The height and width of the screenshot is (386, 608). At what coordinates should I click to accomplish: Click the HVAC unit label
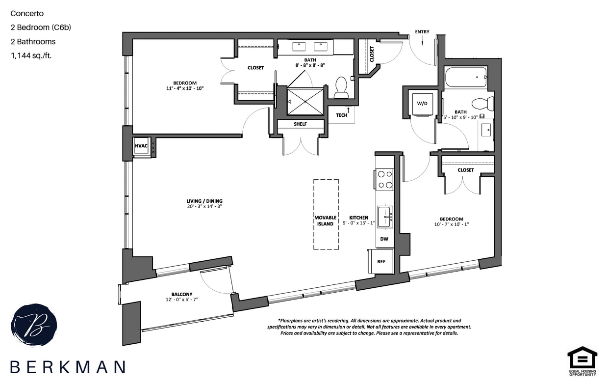[141, 146]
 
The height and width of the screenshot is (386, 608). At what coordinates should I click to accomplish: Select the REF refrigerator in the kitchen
[381, 261]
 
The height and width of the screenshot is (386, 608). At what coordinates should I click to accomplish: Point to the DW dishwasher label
[384, 239]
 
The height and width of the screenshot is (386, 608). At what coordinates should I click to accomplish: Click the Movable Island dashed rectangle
[326, 215]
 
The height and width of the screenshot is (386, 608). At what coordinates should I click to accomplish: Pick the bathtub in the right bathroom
[466, 77]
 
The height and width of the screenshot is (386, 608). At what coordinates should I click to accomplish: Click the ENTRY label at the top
[422, 32]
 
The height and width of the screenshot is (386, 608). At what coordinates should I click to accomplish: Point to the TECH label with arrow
[342, 115]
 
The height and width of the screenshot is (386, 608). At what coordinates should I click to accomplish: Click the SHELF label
[300, 124]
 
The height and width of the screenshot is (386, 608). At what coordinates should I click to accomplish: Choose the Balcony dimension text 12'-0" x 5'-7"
[182, 299]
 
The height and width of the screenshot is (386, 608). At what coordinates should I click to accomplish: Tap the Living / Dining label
[204, 201]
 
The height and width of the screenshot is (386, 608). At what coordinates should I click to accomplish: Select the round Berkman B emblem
[34, 325]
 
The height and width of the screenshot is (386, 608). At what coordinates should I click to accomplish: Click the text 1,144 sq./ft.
[31, 55]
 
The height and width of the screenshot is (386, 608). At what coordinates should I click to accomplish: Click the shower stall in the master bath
[305, 102]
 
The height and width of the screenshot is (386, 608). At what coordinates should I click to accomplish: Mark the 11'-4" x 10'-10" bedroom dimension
[184, 88]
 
